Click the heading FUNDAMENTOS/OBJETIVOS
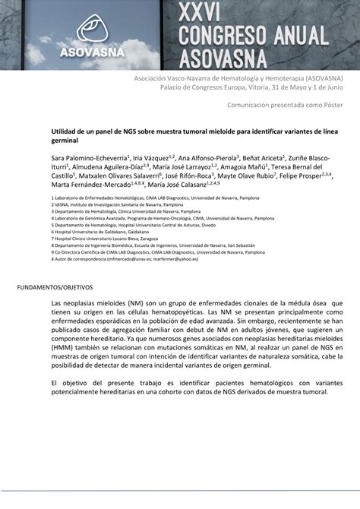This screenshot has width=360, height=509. tap(55, 289)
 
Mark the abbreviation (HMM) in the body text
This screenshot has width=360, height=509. tap(65, 348)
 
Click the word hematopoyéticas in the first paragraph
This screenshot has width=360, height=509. tap(184, 312)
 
